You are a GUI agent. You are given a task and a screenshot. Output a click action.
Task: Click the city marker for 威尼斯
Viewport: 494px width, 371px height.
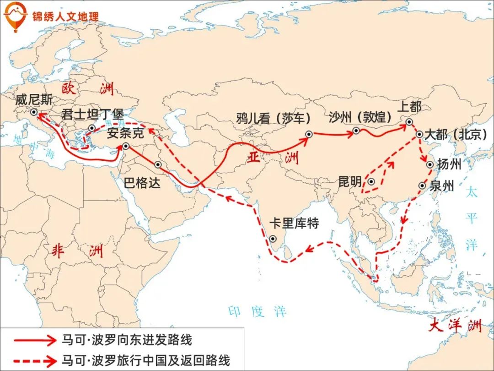click(33, 112)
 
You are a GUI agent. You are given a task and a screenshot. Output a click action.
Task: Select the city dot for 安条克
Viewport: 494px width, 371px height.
click(126, 146)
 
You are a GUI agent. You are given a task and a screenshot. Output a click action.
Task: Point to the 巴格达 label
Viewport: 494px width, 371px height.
click(142, 183)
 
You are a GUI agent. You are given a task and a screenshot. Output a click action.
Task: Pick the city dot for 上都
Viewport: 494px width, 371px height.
click(409, 122)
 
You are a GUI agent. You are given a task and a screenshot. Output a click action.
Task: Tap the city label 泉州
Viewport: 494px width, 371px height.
click(442, 185)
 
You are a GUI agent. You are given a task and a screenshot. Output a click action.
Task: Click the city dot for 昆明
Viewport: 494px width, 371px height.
click(371, 182)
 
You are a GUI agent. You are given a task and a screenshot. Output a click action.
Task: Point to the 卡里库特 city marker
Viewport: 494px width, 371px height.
click(273, 239)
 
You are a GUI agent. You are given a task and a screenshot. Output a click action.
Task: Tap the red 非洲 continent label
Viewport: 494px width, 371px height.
click(77, 251)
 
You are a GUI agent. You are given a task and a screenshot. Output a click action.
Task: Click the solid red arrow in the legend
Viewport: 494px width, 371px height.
click(34, 340)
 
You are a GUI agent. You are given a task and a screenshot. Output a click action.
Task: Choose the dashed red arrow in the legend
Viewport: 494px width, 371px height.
click(34, 360)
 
